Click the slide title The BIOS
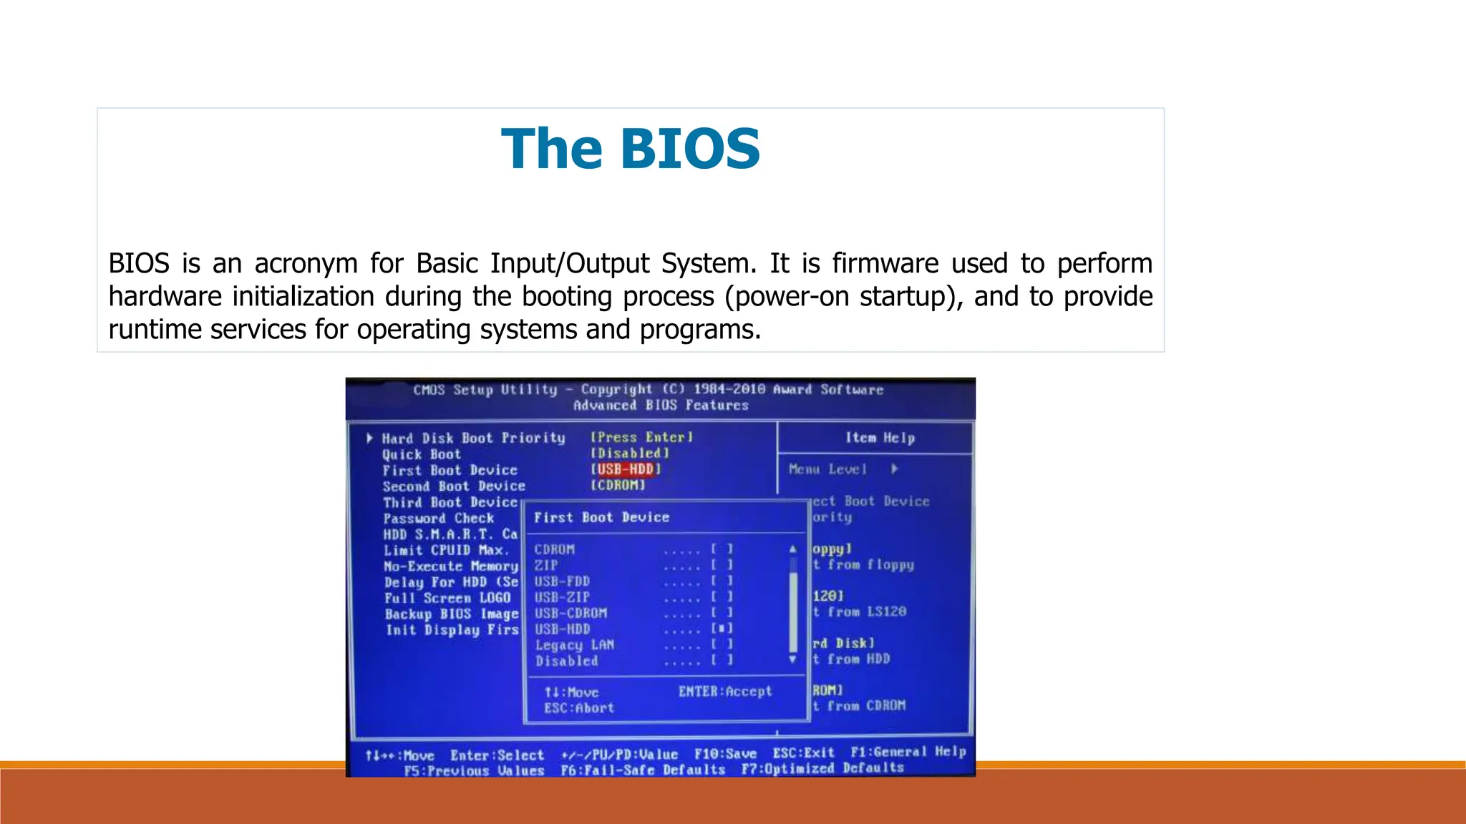[x=630, y=149]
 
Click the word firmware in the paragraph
[x=885, y=263]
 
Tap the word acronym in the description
[x=306, y=263]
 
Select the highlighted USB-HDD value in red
[x=625, y=469]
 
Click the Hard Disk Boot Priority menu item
[x=472, y=438]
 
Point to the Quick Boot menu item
[x=421, y=454]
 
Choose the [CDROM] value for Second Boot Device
[x=618, y=485]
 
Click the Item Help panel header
[x=880, y=438]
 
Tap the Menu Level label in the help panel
[x=827, y=469]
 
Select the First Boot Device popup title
[x=601, y=517]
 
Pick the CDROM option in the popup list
[x=554, y=549]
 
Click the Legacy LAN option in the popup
[x=574, y=644]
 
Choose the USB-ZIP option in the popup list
[x=562, y=597]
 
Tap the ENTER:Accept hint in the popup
[x=725, y=692]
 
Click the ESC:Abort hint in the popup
[x=578, y=708]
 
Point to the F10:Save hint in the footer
[x=725, y=754]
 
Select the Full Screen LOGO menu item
[x=447, y=598]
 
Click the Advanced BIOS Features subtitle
[x=661, y=406]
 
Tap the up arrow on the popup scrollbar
[x=792, y=549]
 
